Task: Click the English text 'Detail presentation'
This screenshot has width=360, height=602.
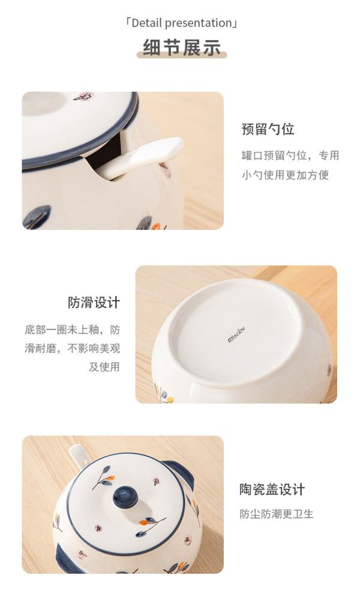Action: click(x=181, y=23)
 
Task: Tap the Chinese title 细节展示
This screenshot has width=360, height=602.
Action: click(x=182, y=47)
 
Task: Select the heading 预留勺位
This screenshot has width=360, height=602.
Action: click(x=268, y=129)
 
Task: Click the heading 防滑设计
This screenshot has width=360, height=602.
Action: click(x=94, y=303)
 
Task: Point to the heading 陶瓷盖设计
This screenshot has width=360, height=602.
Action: click(x=272, y=490)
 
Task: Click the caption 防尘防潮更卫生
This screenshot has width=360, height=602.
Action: click(x=277, y=514)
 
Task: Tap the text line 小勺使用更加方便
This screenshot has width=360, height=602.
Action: click(x=285, y=175)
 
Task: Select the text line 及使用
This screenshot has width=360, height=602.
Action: click(x=104, y=367)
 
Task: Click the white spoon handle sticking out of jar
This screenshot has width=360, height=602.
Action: click(x=145, y=157)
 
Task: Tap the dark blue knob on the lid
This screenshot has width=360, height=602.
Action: click(x=125, y=498)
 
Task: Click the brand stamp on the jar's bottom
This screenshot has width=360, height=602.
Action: click(x=236, y=335)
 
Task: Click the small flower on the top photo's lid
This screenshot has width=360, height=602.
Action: click(x=82, y=97)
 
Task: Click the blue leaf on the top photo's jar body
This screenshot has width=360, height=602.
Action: click(x=37, y=217)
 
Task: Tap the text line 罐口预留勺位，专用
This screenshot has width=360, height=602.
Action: click(x=290, y=155)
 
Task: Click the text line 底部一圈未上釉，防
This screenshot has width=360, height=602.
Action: click(x=73, y=330)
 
